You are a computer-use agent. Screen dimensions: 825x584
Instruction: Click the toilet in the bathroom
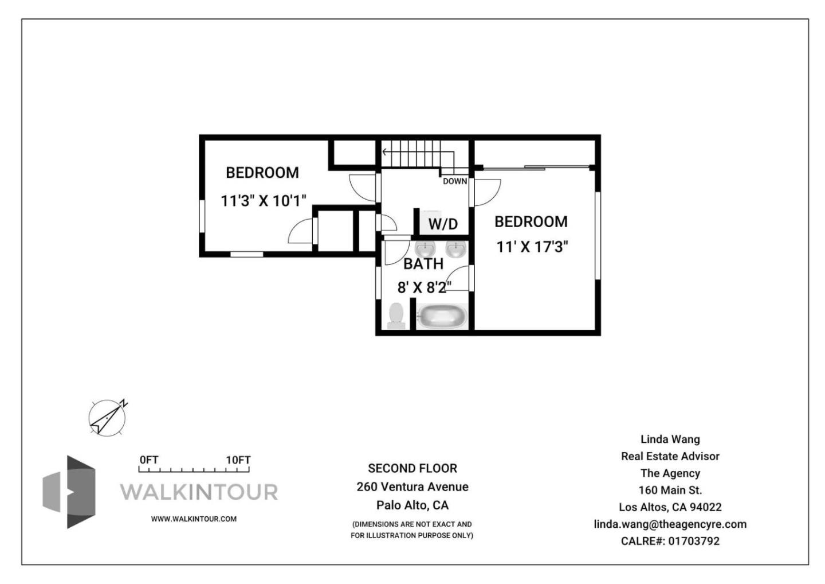396,316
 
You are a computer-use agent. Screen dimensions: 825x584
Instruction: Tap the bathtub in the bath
442,316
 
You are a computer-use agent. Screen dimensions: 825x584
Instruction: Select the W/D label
443,224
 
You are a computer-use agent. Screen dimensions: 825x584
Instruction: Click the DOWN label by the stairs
455,181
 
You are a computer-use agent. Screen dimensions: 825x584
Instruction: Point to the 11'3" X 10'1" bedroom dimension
264,201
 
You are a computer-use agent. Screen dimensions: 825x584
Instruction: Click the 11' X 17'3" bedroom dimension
532,247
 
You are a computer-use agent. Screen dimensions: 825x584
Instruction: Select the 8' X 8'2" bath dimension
425,287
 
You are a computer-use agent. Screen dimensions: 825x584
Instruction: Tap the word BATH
423,264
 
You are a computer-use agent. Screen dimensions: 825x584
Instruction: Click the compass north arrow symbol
108,418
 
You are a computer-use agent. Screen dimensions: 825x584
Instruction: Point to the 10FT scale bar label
238,460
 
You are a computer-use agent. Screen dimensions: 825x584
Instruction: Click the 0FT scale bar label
149,460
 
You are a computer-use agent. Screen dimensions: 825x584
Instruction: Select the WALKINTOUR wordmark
199,492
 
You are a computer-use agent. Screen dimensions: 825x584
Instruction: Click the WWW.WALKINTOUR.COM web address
194,519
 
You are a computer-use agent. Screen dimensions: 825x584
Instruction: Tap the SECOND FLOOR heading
412,468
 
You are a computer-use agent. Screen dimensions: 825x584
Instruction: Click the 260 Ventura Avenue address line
412,486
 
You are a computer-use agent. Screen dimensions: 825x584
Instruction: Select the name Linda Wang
670,439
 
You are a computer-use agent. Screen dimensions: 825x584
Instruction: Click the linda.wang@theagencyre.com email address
670,524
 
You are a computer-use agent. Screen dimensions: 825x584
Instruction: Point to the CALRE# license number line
670,541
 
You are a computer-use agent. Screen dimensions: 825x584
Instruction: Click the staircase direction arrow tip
383,151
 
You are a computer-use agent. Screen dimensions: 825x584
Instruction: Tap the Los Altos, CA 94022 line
670,507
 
